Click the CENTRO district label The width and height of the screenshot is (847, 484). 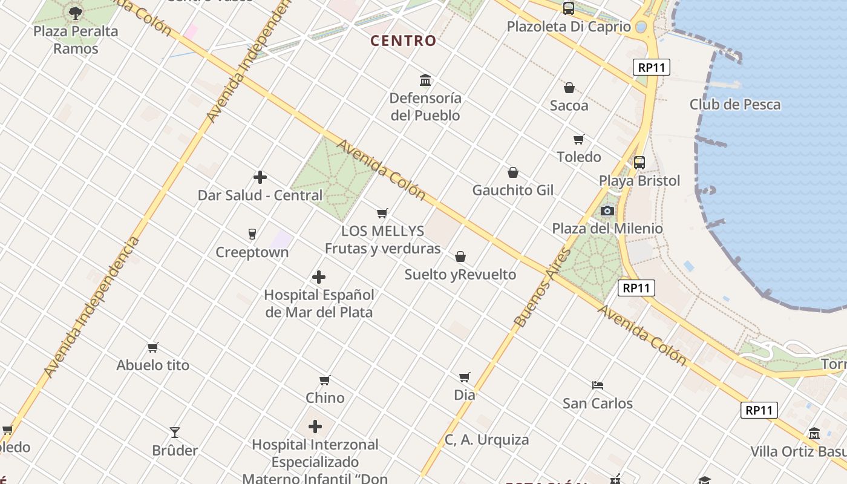coord(403,41)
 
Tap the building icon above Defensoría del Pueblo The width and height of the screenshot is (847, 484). coord(425,80)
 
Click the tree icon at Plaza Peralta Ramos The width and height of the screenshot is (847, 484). coord(76,13)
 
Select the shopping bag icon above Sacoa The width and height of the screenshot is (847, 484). coord(569,88)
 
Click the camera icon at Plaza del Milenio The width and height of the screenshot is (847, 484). coord(607,211)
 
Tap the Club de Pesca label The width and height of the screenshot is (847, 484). coord(734,105)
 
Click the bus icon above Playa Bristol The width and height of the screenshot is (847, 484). coord(639,163)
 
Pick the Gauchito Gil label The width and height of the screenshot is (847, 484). coord(512,191)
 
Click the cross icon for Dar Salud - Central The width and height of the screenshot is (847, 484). coord(260,177)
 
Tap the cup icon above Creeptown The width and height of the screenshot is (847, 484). coord(252,234)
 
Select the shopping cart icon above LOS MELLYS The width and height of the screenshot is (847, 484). coord(382,213)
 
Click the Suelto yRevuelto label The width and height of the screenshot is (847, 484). coord(460,275)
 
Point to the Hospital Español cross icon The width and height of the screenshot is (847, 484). coord(319,277)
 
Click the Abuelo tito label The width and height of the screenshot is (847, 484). coord(152,365)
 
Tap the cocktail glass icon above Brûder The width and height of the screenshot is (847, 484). coord(174,433)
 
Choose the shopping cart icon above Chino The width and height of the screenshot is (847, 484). coord(325,380)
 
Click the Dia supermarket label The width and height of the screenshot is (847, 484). coord(464,395)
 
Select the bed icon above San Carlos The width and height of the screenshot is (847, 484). coord(598,385)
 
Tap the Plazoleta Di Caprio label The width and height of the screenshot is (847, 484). coord(568,27)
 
